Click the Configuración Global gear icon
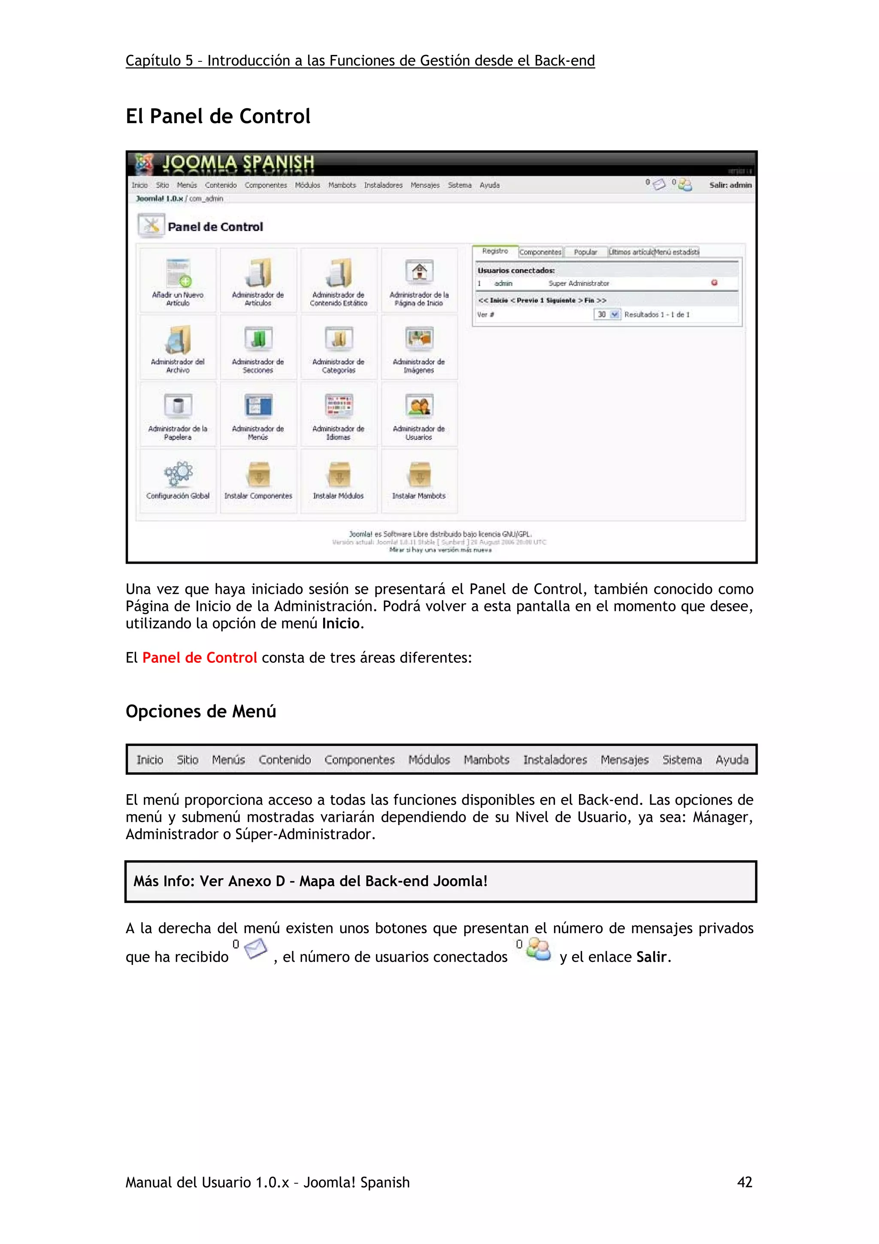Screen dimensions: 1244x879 [178, 474]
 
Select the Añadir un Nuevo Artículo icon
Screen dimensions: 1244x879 [178, 273]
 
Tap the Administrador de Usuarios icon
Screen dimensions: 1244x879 [419, 407]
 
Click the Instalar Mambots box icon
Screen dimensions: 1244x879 [419, 475]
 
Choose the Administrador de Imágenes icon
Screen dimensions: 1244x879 [419, 339]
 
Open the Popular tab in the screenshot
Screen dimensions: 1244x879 [585, 252]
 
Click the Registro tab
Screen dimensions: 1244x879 [495, 252]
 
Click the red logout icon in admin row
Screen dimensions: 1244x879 [714, 283]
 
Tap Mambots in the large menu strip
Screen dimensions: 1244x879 [486, 760]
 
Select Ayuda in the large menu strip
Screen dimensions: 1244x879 [731, 760]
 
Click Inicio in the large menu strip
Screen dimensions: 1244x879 [149, 760]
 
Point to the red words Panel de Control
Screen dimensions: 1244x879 [199, 658]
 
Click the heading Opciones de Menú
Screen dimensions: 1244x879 [200, 711]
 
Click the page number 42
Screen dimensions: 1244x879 [744, 1182]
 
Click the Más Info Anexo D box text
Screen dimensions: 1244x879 [310, 881]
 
